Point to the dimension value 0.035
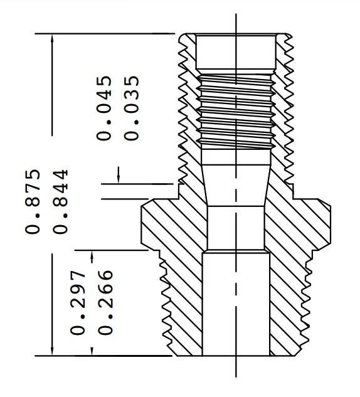[x=132, y=108]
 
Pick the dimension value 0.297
[x=78, y=302]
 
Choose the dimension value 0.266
[x=105, y=302]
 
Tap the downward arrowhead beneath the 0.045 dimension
[x=119, y=177]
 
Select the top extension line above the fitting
[x=107, y=33]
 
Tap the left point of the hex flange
[x=139, y=222]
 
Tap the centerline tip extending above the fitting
[x=236, y=19]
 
